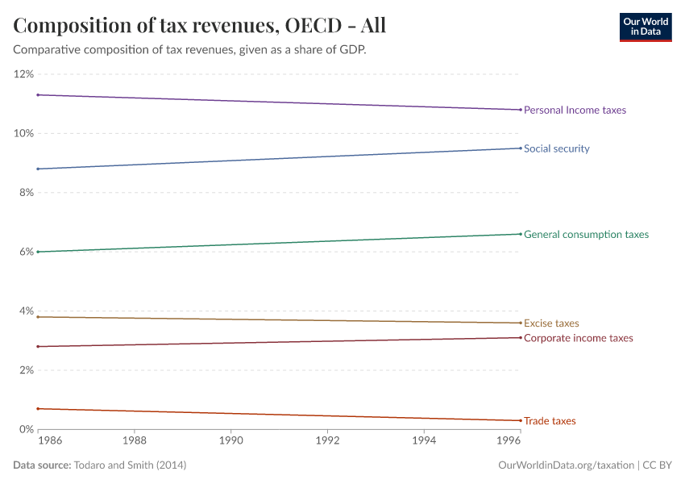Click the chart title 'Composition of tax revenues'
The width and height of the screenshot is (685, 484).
(200, 25)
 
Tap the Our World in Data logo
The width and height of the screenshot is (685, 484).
(645, 27)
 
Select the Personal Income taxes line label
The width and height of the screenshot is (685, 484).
(575, 110)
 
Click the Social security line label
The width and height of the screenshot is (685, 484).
(557, 148)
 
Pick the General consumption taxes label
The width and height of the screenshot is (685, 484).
(586, 235)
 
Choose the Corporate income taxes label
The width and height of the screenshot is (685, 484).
(579, 338)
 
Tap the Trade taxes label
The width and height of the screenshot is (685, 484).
(550, 421)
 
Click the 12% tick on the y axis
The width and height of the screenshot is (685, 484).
(23, 74)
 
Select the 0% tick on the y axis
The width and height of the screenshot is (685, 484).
(26, 429)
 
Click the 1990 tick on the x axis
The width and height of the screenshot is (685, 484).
(231, 442)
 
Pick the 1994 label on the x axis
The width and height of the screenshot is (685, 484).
(424, 442)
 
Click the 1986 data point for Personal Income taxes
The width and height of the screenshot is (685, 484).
(38, 95)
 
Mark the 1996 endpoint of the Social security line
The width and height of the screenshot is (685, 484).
(521, 148)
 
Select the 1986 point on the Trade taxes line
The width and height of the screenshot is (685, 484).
(38, 409)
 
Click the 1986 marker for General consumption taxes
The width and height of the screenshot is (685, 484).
(38, 252)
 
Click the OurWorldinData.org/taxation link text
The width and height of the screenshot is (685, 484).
(567, 465)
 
